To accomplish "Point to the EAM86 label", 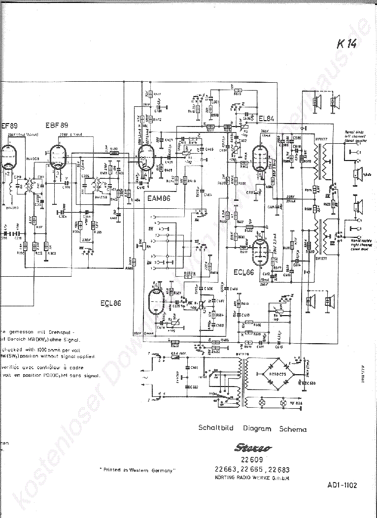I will pyautogui.click(x=159, y=198).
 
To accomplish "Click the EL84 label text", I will pyautogui.click(x=266, y=118).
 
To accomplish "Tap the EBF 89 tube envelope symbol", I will pyautogui.click(x=59, y=158).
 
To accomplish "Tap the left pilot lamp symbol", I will pyautogui.click(x=263, y=403).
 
